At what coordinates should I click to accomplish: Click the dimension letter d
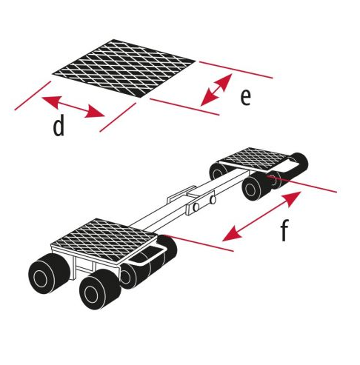(59, 126)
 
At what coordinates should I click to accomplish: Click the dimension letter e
(245, 97)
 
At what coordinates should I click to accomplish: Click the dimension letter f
(284, 230)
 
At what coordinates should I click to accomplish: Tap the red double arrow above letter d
(73, 107)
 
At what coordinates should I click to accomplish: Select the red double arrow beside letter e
(216, 90)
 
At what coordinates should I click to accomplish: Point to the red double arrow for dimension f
(261, 216)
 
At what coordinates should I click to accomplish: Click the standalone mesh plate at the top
(124, 68)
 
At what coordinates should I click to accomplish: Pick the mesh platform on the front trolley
(104, 239)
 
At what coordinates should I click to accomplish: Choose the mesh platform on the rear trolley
(254, 158)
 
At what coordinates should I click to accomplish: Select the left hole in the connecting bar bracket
(196, 207)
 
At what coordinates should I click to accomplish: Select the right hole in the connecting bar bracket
(213, 200)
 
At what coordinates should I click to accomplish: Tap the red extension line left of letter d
(33, 96)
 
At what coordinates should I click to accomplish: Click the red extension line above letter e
(236, 70)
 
